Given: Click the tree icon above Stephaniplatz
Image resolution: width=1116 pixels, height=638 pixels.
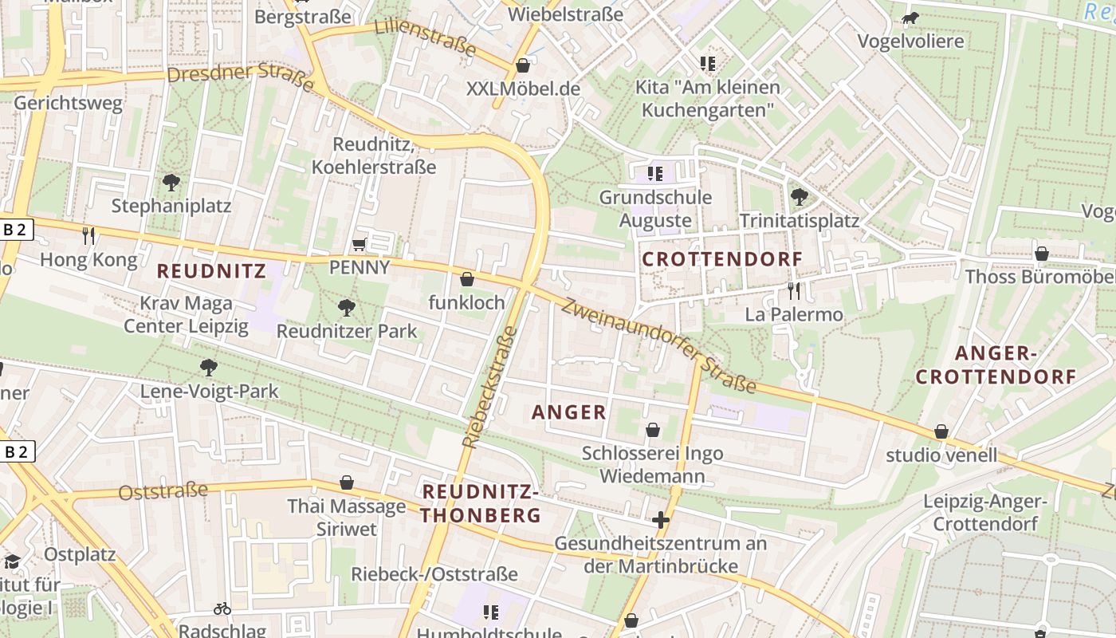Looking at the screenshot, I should (171, 183).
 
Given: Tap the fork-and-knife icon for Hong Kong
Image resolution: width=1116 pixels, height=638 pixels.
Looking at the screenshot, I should (88, 235).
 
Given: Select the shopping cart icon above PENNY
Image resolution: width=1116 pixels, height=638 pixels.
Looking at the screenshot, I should (360, 243).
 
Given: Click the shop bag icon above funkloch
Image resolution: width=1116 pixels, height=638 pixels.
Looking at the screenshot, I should (467, 279).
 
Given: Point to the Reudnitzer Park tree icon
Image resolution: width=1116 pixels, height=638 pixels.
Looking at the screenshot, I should (346, 307).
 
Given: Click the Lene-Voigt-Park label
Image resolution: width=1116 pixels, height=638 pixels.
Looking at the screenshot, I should (210, 391).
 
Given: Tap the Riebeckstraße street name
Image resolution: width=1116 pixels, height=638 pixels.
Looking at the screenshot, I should (489, 387).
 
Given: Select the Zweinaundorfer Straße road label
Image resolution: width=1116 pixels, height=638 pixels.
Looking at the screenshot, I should (658, 346).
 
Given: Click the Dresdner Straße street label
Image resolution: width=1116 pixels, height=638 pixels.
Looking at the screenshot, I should (241, 77).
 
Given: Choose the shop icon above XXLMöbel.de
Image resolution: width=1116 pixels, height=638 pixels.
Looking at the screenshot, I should (523, 65).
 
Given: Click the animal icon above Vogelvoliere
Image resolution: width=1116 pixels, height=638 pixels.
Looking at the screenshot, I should (910, 18).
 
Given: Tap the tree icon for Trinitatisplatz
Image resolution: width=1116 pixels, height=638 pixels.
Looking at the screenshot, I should (799, 196).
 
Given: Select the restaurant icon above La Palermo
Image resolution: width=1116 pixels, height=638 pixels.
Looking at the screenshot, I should (792, 290).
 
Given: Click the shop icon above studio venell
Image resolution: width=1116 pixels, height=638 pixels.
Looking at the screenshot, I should (941, 431).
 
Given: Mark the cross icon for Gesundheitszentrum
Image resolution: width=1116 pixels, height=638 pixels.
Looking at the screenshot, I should (660, 521).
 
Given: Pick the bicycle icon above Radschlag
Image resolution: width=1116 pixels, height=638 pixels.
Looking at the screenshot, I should (222, 608).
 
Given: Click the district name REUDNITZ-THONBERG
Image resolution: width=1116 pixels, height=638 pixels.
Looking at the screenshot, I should (481, 502).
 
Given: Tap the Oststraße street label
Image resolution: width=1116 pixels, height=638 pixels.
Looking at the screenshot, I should (163, 491).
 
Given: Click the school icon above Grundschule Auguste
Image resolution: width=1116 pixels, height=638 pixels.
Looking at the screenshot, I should (655, 173).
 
